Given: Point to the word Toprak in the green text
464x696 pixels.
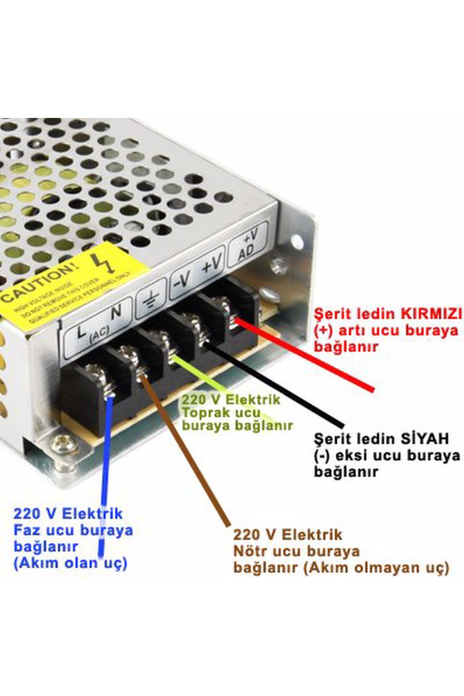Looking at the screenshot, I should point(201,413).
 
